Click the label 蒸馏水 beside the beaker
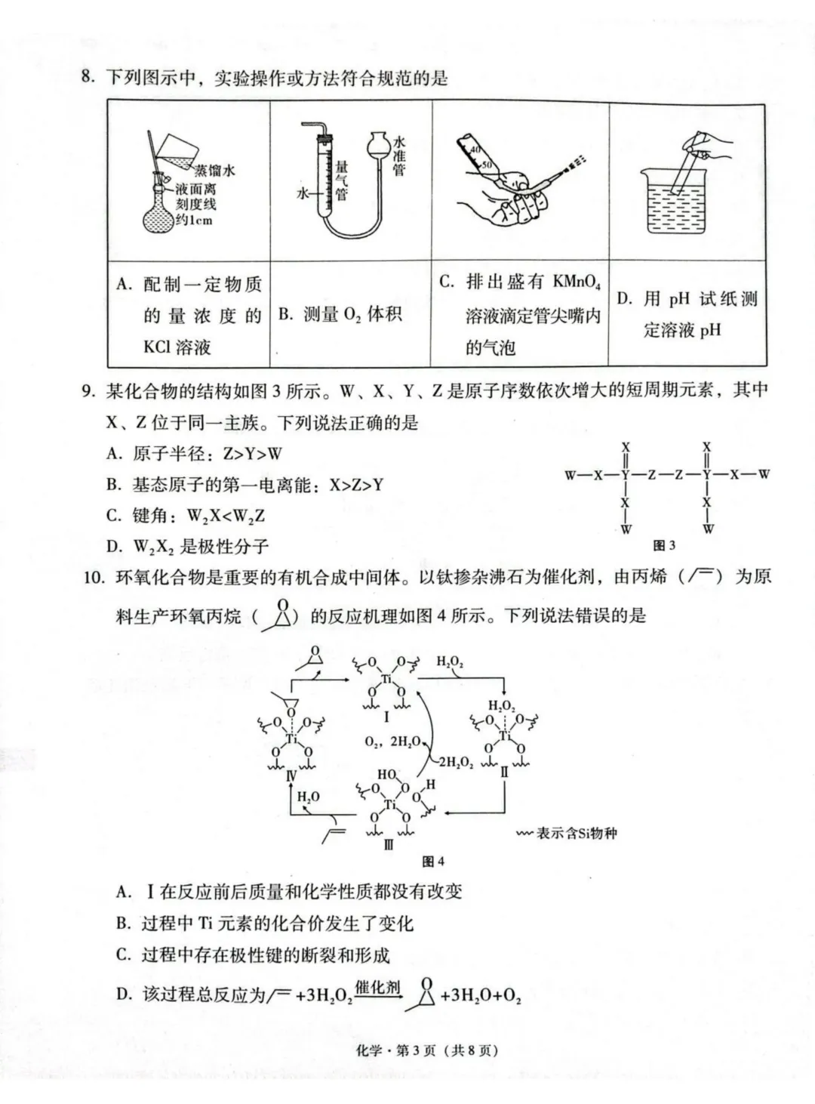tap(216, 171)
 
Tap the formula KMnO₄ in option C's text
tap(577, 282)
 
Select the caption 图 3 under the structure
tap(663, 545)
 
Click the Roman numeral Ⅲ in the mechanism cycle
tap(389, 845)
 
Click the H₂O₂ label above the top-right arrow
tap(451, 662)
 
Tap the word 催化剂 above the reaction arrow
tap(377, 987)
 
